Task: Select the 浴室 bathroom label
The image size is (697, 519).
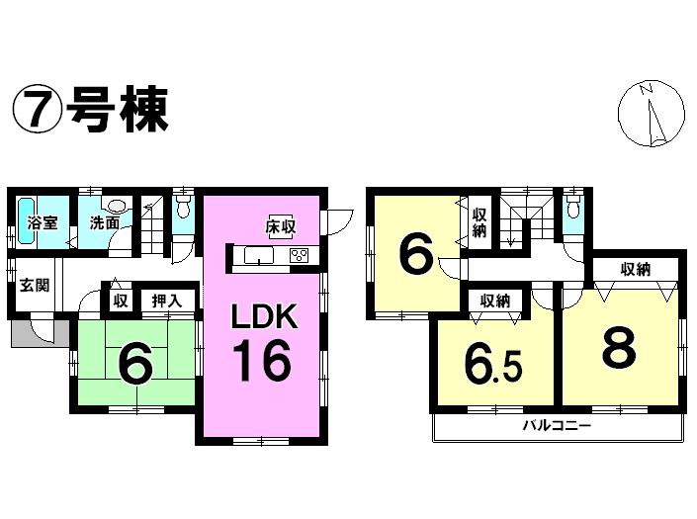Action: click(x=42, y=222)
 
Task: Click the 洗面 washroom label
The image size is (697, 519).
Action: click(x=105, y=223)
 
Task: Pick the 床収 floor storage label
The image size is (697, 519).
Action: click(x=280, y=226)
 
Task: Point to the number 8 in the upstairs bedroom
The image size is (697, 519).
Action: click(x=621, y=345)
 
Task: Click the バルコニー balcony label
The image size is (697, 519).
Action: click(x=557, y=427)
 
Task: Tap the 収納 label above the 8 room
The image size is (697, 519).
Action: click(x=635, y=268)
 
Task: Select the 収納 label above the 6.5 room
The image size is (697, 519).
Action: click(x=496, y=301)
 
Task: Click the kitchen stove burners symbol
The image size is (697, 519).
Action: click(x=298, y=257)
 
